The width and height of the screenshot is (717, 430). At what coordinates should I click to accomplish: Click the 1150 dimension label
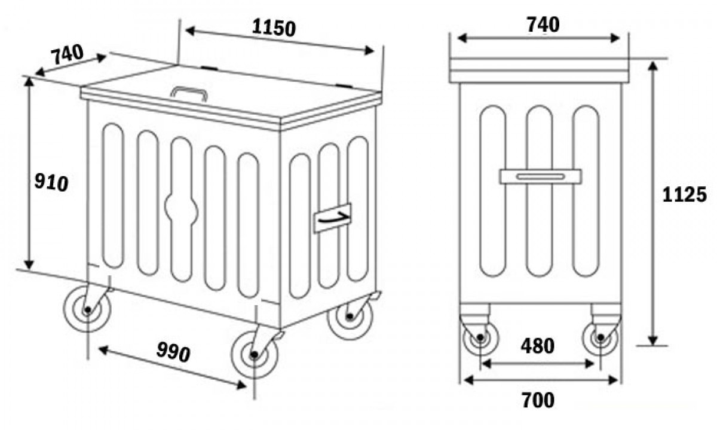point(274,28)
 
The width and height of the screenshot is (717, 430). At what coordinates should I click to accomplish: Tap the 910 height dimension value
point(51,182)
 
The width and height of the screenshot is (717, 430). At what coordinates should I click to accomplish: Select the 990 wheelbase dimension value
point(173,352)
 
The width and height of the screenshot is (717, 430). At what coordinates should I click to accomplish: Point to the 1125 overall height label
point(684,195)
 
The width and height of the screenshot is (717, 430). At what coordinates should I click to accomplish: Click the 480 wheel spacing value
point(538,346)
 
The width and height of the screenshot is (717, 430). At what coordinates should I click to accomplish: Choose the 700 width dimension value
point(538,400)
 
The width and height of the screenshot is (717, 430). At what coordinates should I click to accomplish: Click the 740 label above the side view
point(543,24)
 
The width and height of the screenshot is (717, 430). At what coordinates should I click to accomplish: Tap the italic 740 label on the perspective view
point(67,54)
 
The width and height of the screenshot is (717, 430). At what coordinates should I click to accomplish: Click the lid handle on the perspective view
point(189,93)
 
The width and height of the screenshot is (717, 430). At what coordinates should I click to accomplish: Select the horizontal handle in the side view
point(541,177)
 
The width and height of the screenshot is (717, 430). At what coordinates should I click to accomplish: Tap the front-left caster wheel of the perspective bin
point(87,309)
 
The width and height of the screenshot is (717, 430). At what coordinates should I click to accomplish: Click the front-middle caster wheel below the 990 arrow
point(255,355)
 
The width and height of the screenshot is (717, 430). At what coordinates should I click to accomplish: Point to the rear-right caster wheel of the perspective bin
point(350,316)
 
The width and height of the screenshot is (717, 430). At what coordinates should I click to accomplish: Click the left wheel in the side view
point(480,337)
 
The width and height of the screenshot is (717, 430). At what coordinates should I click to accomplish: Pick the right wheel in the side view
point(600,337)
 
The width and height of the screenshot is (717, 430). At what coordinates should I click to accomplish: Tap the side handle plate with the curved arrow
point(332,218)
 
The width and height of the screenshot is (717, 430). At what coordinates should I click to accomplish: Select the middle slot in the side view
point(540,191)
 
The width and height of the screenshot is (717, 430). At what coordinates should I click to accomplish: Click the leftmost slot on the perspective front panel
point(113,195)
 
